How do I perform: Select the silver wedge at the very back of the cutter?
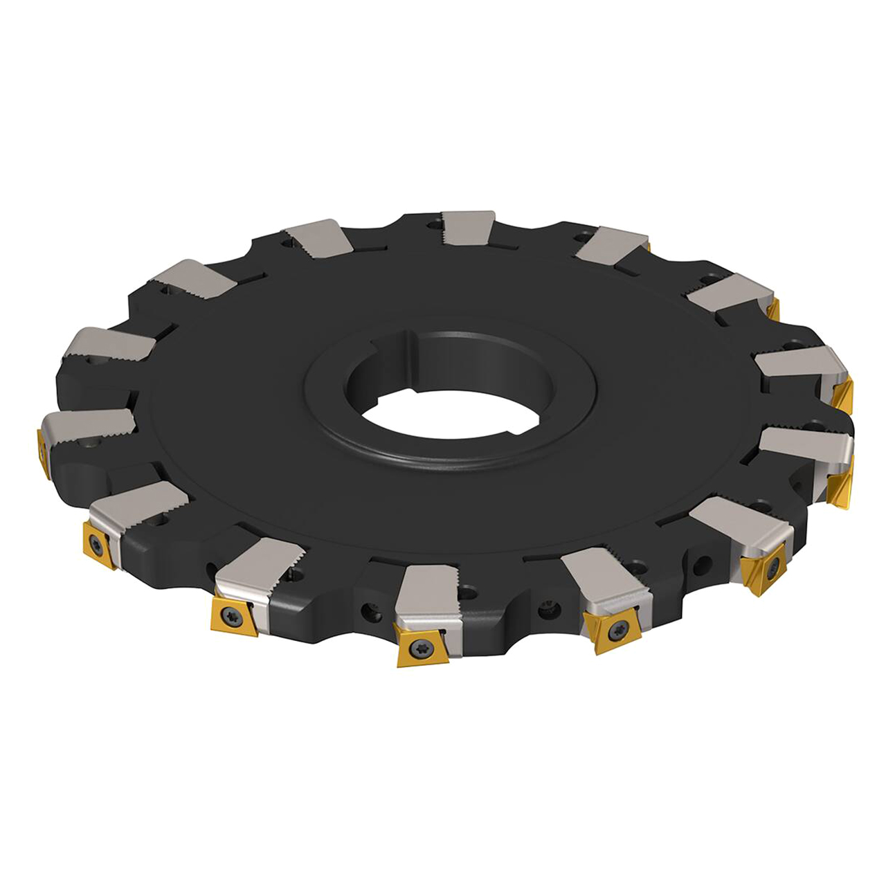tap(469, 227)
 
